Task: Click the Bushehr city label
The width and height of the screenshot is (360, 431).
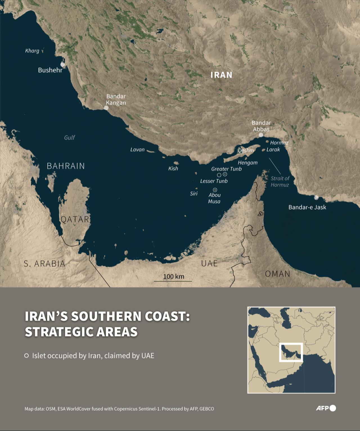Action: [50, 70]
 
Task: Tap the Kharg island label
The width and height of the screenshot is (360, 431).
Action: [32, 51]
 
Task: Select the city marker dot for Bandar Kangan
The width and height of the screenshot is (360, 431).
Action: [106, 108]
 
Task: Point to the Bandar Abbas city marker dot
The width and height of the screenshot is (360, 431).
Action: [261, 135]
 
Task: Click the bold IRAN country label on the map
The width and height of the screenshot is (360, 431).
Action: [221, 75]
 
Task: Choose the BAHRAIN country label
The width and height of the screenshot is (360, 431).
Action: [66, 166]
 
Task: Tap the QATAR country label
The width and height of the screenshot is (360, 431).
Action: [75, 219]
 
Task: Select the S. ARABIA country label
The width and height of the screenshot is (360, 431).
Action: [44, 263]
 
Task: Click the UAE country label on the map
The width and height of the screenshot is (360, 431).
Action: [209, 263]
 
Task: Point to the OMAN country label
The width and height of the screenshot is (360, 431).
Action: [277, 274]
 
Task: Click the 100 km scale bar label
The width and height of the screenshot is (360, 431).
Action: [174, 276]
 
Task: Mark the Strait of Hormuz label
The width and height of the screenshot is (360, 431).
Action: [280, 181]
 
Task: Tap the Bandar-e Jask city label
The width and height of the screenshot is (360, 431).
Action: [307, 207]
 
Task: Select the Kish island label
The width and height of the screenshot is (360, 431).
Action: [173, 168]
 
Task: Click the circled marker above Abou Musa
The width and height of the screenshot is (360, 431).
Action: [215, 189]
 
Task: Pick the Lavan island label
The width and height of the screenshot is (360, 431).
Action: [137, 150]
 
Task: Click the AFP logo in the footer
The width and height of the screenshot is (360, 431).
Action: [326, 408]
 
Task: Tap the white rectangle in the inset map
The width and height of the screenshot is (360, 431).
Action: [291, 352]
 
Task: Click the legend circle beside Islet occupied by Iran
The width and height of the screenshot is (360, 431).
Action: [26, 356]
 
